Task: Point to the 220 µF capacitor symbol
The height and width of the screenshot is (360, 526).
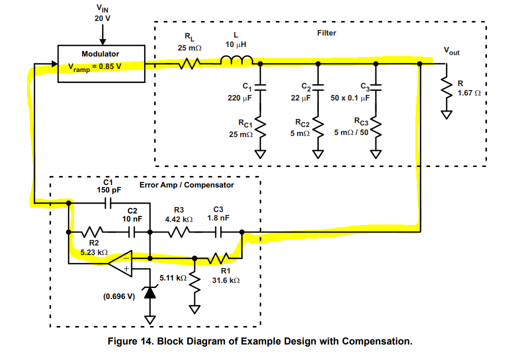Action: click(260, 86)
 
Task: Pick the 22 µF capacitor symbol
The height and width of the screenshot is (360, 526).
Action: click(317, 86)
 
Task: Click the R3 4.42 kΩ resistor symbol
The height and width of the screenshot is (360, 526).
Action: click(179, 232)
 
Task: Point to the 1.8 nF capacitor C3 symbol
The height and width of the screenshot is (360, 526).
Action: click(219, 232)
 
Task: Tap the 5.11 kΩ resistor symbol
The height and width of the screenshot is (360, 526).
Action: click(195, 283)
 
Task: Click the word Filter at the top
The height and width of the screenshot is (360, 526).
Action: click(327, 33)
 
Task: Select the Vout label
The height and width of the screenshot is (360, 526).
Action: click(451, 51)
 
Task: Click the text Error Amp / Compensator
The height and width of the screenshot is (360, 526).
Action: click(186, 185)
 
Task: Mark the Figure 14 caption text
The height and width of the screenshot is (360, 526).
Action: click(260, 341)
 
